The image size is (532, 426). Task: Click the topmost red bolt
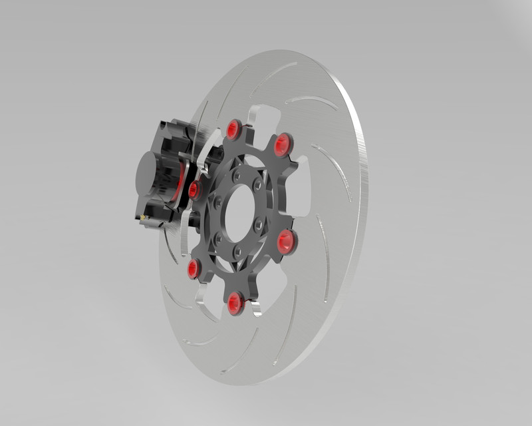point(233,128)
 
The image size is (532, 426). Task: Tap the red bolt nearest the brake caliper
point(194,191)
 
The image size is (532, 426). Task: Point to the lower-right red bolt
point(287,240)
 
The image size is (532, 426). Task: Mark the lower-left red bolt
point(194,269)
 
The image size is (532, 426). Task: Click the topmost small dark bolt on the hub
point(237,174)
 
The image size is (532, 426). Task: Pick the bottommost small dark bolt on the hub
point(237,252)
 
